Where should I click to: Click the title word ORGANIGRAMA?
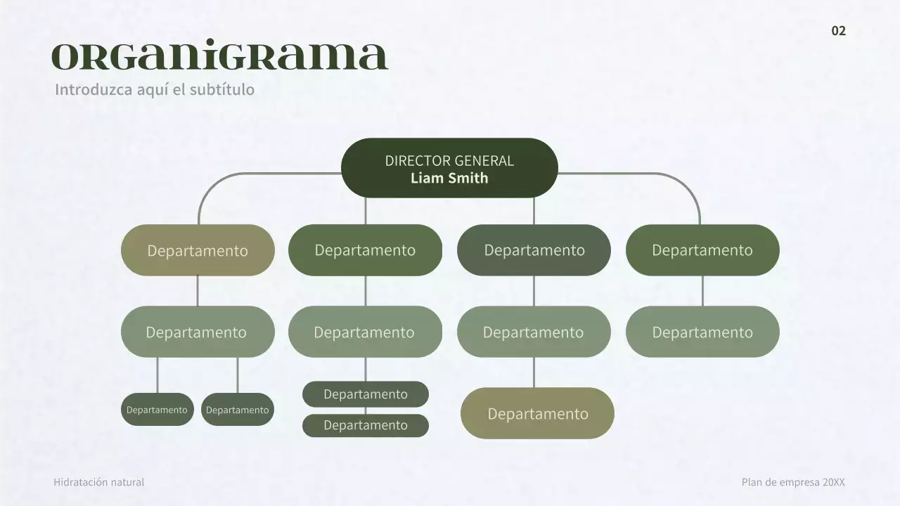(x=219, y=57)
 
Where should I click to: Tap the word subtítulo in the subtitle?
(x=222, y=90)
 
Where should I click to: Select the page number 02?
(x=838, y=31)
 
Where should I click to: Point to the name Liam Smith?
(x=449, y=178)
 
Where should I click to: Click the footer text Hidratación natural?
(x=98, y=482)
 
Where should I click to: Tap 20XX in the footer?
(x=833, y=482)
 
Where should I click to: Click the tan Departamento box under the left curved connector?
(x=198, y=250)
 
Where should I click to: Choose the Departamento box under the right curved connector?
(x=702, y=250)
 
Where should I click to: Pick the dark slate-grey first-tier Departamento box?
(x=534, y=250)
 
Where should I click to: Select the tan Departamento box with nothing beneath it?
(x=537, y=413)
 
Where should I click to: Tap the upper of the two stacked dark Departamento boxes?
(x=365, y=394)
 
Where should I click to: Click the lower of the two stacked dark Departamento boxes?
(x=365, y=425)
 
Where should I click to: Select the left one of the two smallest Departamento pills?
(x=157, y=410)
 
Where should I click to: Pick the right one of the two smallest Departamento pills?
(x=237, y=410)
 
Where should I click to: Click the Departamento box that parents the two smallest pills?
(x=198, y=332)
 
